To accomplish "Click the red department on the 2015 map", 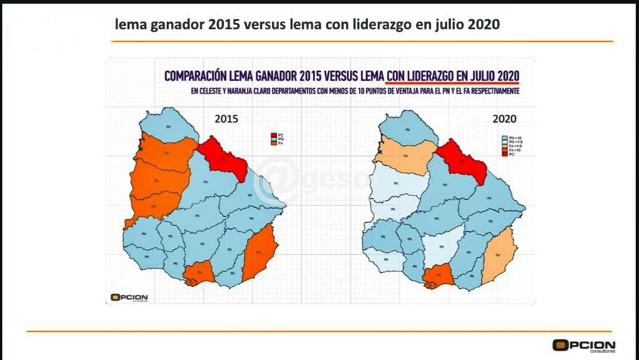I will (x=224, y=156).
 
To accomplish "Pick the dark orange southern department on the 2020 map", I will (x=438, y=276).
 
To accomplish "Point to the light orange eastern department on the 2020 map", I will (x=498, y=256).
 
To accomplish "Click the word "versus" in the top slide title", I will (x=262, y=25).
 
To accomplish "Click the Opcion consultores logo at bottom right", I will (x=583, y=345).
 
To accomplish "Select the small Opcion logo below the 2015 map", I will (x=129, y=297).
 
